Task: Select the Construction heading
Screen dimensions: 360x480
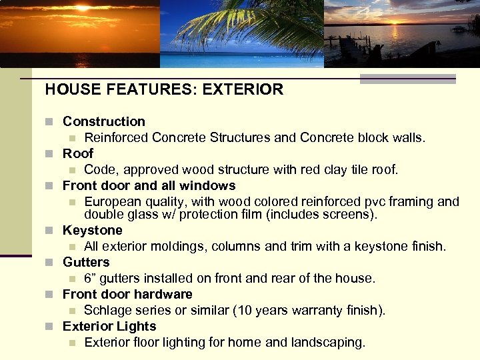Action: pos(103,121)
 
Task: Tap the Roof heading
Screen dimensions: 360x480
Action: pos(78,153)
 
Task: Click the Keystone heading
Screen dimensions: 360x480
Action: pos(92,230)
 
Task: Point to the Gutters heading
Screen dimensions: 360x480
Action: pos(85,262)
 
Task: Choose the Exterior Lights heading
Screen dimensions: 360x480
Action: pos(109,326)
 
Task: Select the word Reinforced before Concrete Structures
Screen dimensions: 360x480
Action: pos(116,138)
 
